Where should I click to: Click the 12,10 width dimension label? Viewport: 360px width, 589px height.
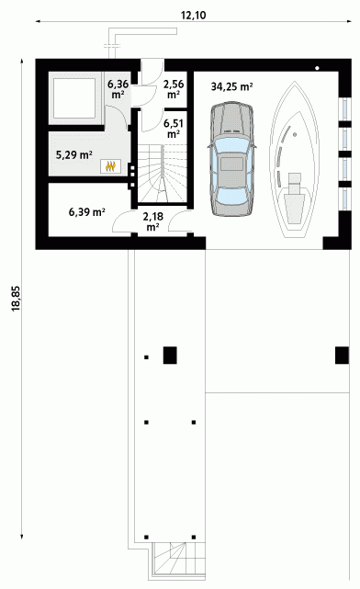[x=194, y=15]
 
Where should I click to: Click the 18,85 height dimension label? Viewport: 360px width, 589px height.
[x=17, y=299]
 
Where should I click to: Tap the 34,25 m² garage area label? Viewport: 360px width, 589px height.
[x=231, y=86]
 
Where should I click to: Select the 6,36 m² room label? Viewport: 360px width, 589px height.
[x=118, y=88]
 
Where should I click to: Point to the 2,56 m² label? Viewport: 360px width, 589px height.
[x=173, y=88]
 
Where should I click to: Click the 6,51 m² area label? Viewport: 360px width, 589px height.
[x=173, y=128]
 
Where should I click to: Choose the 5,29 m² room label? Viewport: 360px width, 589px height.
[x=74, y=154]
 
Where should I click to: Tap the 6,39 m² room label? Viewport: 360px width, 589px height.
[x=86, y=212]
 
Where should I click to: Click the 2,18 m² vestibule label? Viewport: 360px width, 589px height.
[x=152, y=221]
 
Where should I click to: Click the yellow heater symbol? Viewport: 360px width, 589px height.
[x=110, y=166]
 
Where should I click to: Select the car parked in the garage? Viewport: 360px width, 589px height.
[x=231, y=159]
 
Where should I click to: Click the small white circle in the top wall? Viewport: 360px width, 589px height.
[x=317, y=68]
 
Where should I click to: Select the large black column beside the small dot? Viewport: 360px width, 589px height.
[x=170, y=356]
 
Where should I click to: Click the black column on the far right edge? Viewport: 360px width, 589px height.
[x=342, y=356]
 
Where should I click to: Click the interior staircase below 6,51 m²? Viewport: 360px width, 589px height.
[x=163, y=174]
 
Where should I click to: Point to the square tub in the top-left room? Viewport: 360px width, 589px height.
[x=74, y=97]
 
